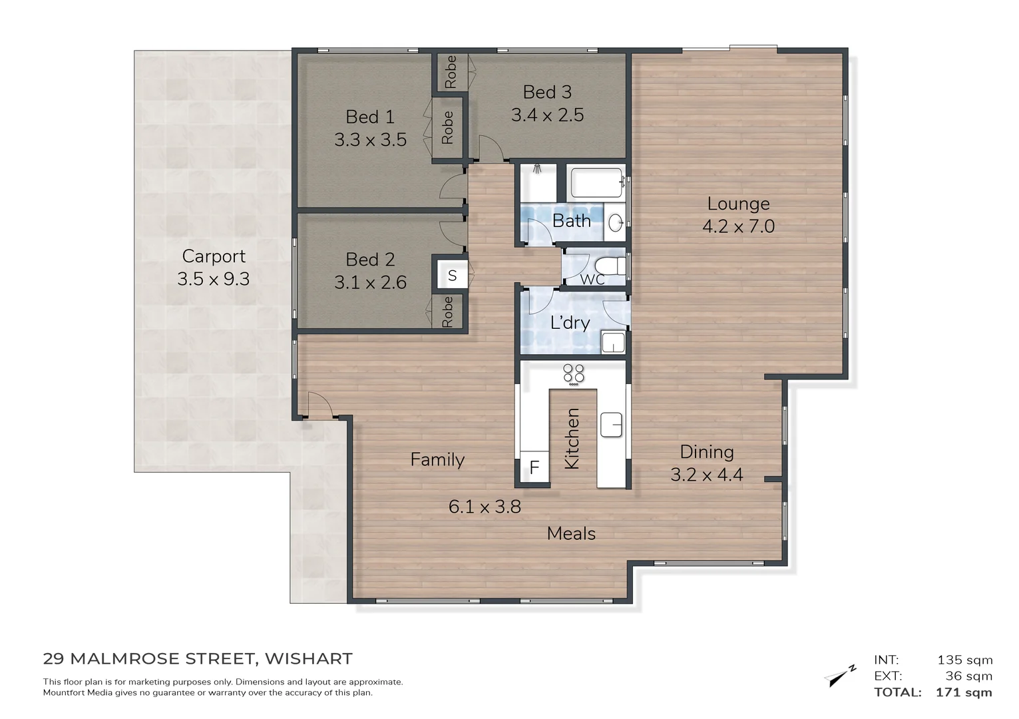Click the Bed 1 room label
tap(370, 117)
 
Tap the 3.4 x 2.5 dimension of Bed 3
tap(547, 115)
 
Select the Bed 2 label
tap(370, 260)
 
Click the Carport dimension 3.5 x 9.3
tap(213, 279)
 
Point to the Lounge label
tap(738, 204)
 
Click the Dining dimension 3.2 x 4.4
tap(706, 475)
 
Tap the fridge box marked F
tap(534, 469)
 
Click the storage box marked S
tap(452, 276)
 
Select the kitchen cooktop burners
tap(574, 374)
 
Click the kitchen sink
tap(611, 425)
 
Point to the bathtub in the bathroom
tap(596, 182)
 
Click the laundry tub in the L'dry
tap(612, 343)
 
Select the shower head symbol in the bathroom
tap(537, 169)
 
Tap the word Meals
tap(571, 533)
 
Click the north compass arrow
tap(840, 674)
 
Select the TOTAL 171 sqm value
tap(964, 692)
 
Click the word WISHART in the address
tap(309, 659)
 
